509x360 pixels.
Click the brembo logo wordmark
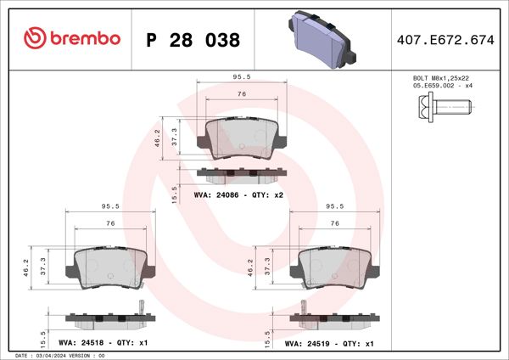point(72,39)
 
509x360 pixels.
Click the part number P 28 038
point(193,40)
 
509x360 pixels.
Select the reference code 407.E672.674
point(445,39)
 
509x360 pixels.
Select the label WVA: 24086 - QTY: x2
point(238,195)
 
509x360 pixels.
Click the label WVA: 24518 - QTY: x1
point(107,343)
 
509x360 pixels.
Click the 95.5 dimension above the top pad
point(241,76)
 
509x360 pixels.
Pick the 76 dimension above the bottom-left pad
point(110,223)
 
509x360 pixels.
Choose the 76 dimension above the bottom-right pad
point(334,222)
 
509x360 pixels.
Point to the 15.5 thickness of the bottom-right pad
point(267,335)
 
